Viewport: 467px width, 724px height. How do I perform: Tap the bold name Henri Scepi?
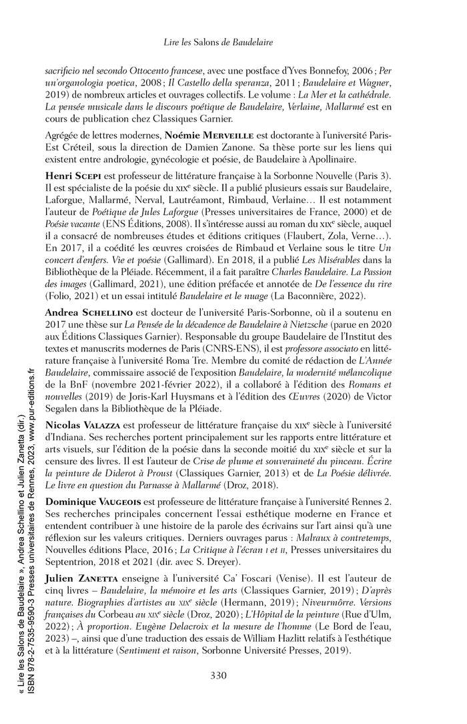point(71,175)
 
